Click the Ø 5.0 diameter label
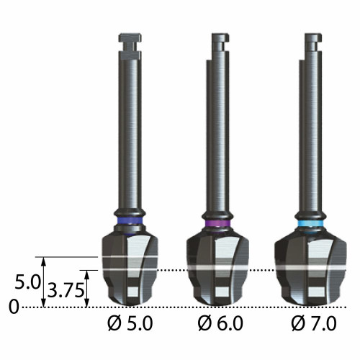(130, 323)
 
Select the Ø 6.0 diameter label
(220, 323)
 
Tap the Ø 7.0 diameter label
(314, 323)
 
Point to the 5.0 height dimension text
(27, 282)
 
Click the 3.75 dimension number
(66, 290)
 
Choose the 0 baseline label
(14, 307)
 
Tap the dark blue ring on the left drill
(130, 220)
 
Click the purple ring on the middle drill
(217, 223)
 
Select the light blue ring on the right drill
(310, 223)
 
